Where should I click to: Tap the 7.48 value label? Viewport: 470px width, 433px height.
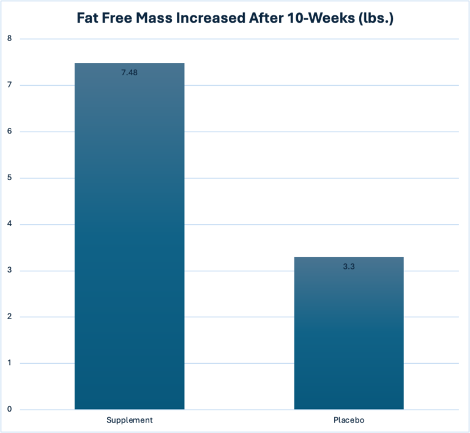(x=129, y=72)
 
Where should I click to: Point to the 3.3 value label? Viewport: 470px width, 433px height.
(x=349, y=267)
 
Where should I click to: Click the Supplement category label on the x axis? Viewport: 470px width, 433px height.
(x=129, y=421)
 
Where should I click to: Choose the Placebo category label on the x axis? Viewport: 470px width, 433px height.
(x=349, y=421)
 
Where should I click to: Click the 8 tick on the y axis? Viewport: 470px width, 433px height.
(x=10, y=39)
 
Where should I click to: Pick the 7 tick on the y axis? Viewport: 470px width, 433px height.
(x=10, y=85)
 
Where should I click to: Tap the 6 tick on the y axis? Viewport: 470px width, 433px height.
(x=10, y=132)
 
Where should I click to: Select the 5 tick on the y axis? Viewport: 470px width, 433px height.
(x=10, y=178)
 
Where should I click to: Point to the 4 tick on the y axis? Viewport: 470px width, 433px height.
(x=10, y=224)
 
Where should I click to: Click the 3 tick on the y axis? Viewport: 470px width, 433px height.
(x=10, y=271)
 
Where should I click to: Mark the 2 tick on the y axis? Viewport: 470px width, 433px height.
(x=10, y=317)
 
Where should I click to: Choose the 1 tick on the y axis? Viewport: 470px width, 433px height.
(x=10, y=363)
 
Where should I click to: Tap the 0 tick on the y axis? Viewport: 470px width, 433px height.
(x=10, y=410)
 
